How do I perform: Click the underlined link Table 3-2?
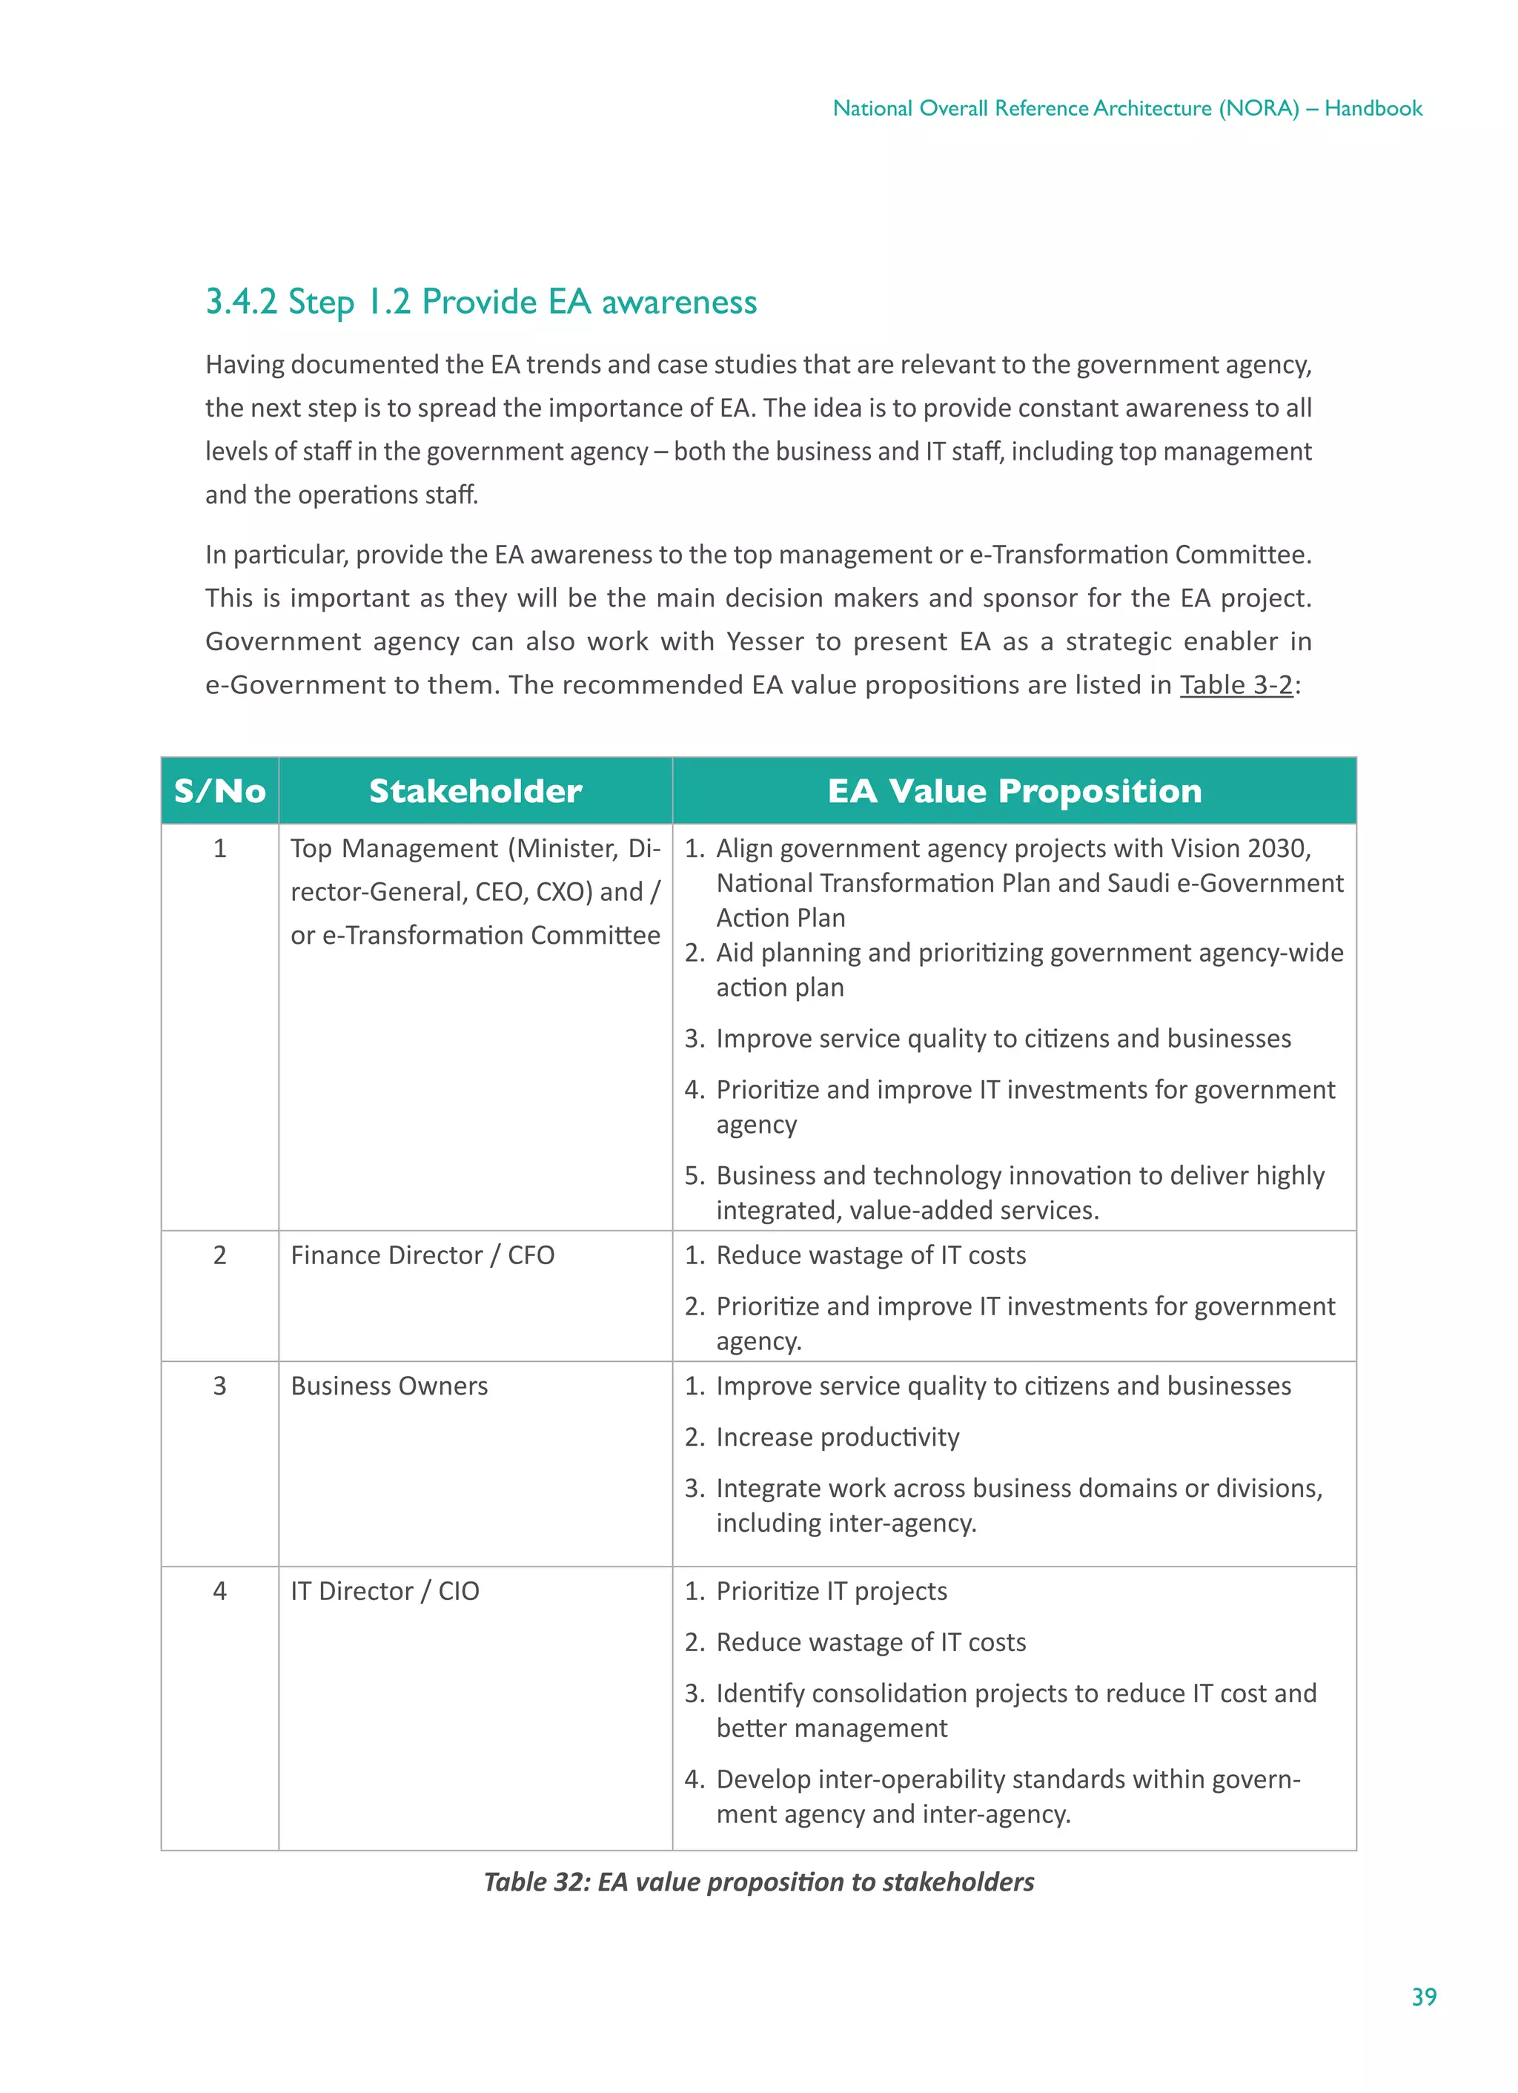click(1236, 685)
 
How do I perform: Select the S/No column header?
click(219, 791)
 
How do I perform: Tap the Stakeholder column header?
click(475, 791)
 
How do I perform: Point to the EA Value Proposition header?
click(1014, 791)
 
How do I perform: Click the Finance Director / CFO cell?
click(422, 1255)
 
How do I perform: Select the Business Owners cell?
click(388, 1386)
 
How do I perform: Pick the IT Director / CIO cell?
click(385, 1591)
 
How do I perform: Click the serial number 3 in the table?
click(219, 1386)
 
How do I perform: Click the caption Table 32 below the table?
click(758, 1882)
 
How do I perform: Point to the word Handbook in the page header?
click(1373, 108)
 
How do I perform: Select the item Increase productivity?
click(837, 1437)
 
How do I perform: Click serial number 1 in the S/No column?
click(219, 848)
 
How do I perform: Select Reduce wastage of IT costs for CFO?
click(870, 1255)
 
